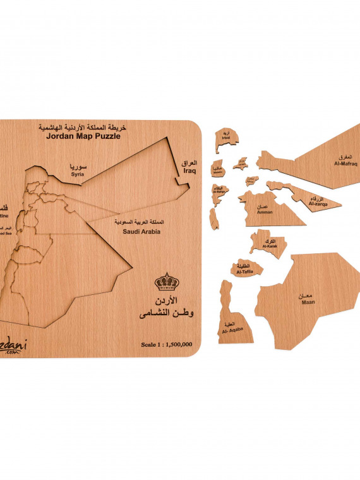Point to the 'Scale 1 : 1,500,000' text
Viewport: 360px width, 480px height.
click(x=167, y=344)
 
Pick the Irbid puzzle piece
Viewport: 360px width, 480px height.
click(x=225, y=140)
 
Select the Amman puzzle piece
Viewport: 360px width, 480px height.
click(x=268, y=209)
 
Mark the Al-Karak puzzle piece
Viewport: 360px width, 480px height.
click(x=268, y=243)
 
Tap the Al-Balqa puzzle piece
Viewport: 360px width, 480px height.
click(x=219, y=192)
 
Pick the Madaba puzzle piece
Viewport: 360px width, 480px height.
click(x=219, y=169)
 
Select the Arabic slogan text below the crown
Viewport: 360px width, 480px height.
click(x=168, y=306)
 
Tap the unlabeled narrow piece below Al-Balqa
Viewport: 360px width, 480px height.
click(x=215, y=219)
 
